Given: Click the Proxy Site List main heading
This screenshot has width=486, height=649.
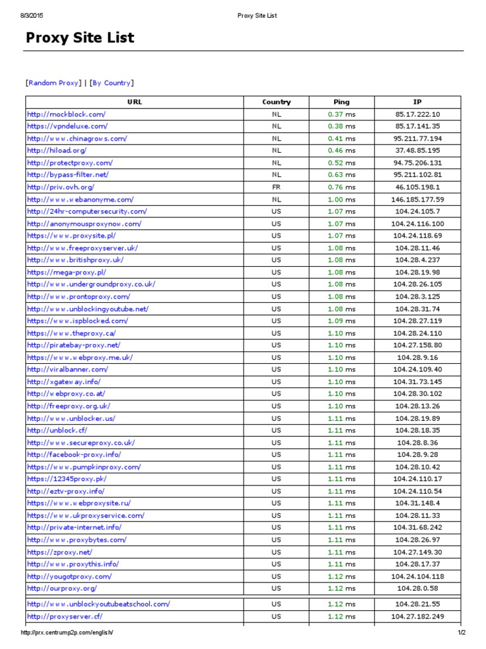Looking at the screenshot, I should click(80, 38).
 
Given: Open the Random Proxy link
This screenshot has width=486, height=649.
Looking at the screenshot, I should click(53, 83).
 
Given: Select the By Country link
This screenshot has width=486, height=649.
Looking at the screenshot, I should click(111, 83).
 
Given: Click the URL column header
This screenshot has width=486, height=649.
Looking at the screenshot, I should click(134, 102).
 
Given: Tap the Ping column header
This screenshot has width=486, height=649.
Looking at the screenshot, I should click(341, 102).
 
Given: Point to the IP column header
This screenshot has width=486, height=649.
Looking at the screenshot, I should click(417, 102).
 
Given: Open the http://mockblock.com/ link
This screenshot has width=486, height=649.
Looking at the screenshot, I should click(66, 114).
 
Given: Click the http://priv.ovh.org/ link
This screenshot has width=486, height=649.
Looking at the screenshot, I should click(61, 187).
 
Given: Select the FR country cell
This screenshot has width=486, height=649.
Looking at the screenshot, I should click(277, 187).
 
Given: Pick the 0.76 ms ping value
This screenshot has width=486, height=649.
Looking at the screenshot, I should click(341, 187).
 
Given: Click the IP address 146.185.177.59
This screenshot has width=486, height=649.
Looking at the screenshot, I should click(418, 199).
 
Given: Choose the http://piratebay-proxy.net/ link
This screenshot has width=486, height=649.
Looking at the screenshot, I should click(73, 345).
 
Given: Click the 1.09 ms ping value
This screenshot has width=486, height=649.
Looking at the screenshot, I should click(341, 321).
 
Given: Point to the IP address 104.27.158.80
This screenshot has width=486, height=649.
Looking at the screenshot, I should click(418, 345).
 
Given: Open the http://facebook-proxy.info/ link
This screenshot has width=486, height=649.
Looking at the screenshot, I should click(74, 454).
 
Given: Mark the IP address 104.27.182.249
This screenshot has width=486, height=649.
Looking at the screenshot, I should click(418, 616).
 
